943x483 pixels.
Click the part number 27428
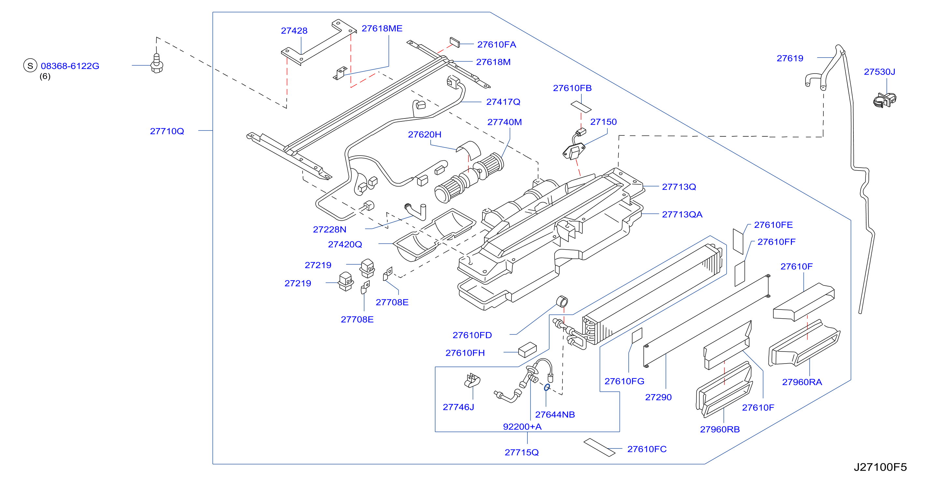pyautogui.click(x=294, y=31)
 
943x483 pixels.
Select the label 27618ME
pyautogui.click(x=382, y=29)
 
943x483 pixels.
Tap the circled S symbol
pyautogui.click(x=30, y=66)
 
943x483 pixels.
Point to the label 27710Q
pyautogui.click(x=167, y=131)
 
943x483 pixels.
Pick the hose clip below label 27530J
pyautogui.click(x=884, y=100)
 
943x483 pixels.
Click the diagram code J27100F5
pyautogui.click(x=880, y=467)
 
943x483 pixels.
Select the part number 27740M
pyautogui.click(x=505, y=122)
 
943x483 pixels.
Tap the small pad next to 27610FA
pyautogui.click(x=454, y=42)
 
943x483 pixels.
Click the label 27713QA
pyautogui.click(x=682, y=214)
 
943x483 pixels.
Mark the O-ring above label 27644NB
pyautogui.click(x=547, y=387)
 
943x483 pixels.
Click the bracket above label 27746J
pyautogui.click(x=472, y=380)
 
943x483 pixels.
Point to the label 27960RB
pyautogui.click(x=720, y=429)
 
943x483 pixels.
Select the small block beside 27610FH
pyautogui.click(x=527, y=350)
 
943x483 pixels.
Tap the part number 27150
pyautogui.click(x=603, y=122)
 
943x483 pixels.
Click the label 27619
pyautogui.click(x=790, y=58)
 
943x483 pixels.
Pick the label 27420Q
pyautogui.click(x=345, y=244)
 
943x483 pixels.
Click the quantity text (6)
pyautogui.click(x=45, y=76)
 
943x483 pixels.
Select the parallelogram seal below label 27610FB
pyautogui.click(x=581, y=106)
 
